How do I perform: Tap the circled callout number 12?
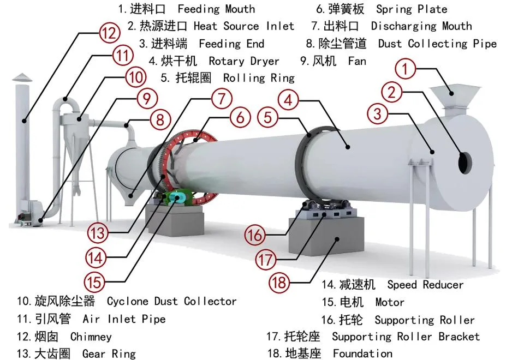tap(109, 33)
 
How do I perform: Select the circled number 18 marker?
tap(279, 283)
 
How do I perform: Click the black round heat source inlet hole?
tap(465, 163)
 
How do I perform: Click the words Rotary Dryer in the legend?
tap(243, 61)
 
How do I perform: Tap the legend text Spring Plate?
tap(411, 9)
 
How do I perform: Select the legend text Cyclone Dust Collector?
tap(171, 301)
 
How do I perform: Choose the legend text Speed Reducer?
tap(425, 285)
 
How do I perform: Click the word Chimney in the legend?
tap(91, 337)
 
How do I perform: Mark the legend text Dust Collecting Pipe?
tap(437, 44)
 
